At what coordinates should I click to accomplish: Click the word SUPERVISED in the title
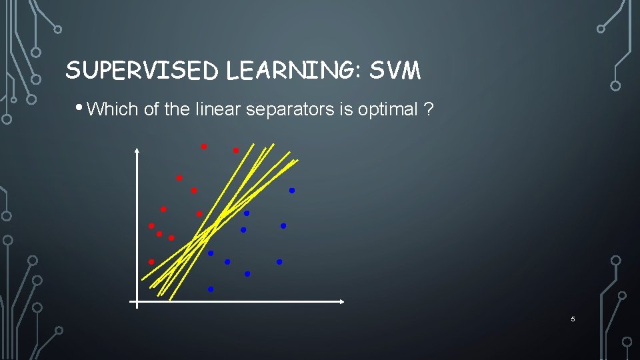click(143, 70)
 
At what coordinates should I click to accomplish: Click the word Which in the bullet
click(113, 109)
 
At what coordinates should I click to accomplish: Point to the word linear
click(219, 109)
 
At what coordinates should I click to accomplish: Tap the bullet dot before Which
click(80, 107)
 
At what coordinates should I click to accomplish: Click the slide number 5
click(573, 320)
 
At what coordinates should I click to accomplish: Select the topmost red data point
click(204, 146)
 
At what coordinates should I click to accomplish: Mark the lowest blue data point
click(211, 289)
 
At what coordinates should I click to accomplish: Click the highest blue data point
click(291, 191)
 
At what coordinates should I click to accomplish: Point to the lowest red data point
click(151, 261)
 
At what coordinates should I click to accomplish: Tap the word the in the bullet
click(177, 109)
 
